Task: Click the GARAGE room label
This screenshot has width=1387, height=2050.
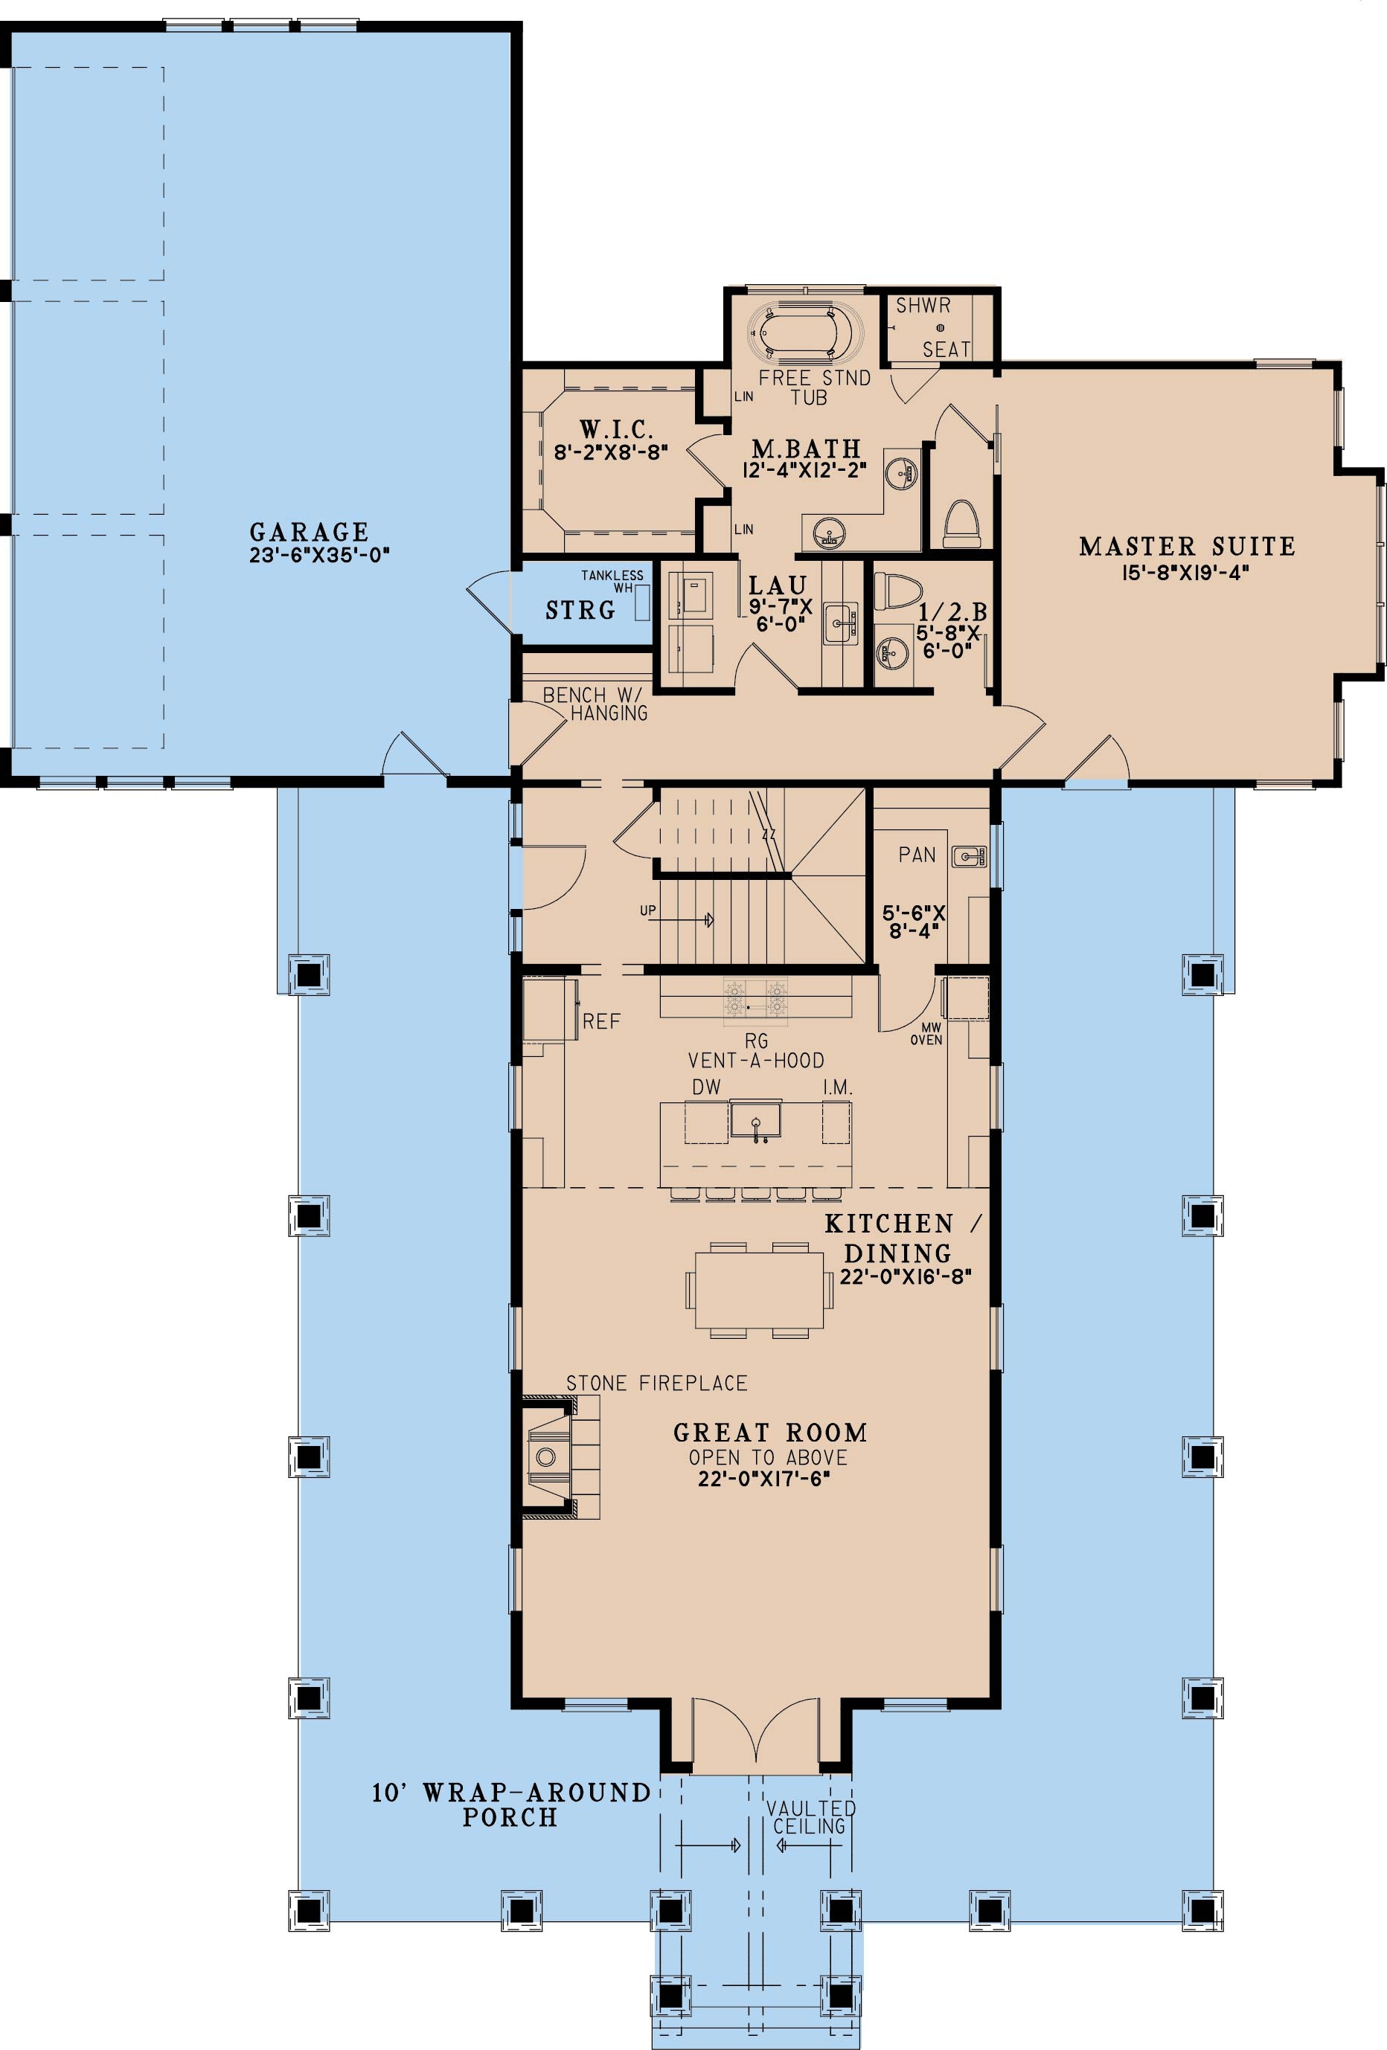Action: click(309, 532)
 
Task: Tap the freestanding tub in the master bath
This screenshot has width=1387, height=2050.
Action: click(802, 332)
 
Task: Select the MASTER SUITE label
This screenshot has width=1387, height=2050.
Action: click(1187, 547)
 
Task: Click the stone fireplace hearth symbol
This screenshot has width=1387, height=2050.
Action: click(547, 1456)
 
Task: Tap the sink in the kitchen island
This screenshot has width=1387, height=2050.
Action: click(756, 1119)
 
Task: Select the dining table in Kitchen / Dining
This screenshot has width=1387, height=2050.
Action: click(759, 1289)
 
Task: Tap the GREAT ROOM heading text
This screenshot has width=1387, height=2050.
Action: click(770, 1433)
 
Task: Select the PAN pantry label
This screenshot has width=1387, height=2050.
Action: click(917, 854)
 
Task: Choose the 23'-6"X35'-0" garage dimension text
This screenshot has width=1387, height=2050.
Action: click(318, 556)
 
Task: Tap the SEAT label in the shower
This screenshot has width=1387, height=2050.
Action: click(946, 350)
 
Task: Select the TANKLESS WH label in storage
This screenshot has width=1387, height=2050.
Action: click(612, 581)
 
